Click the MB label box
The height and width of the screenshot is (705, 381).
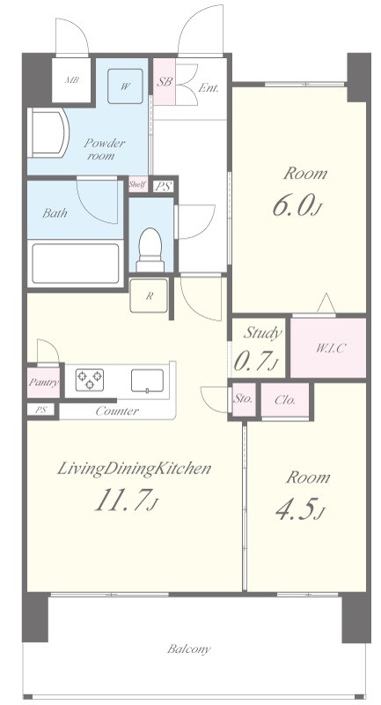(72, 80)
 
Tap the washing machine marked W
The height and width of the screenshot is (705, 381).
(125, 86)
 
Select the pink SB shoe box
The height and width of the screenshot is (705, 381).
(165, 82)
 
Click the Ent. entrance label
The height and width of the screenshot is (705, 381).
(209, 88)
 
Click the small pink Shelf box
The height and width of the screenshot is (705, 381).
(138, 184)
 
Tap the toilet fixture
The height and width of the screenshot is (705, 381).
(150, 249)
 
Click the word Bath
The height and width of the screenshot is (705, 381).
(55, 212)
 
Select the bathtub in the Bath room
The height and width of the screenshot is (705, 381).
(76, 263)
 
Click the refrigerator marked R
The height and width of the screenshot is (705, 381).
(149, 295)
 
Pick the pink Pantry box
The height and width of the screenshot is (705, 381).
(43, 382)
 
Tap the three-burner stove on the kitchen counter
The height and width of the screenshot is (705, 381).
(90, 380)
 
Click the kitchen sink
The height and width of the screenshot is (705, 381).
(147, 381)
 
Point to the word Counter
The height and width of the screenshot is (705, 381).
(117, 411)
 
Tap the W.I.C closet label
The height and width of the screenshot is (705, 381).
(328, 348)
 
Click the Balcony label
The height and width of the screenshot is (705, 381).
(189, 649)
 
